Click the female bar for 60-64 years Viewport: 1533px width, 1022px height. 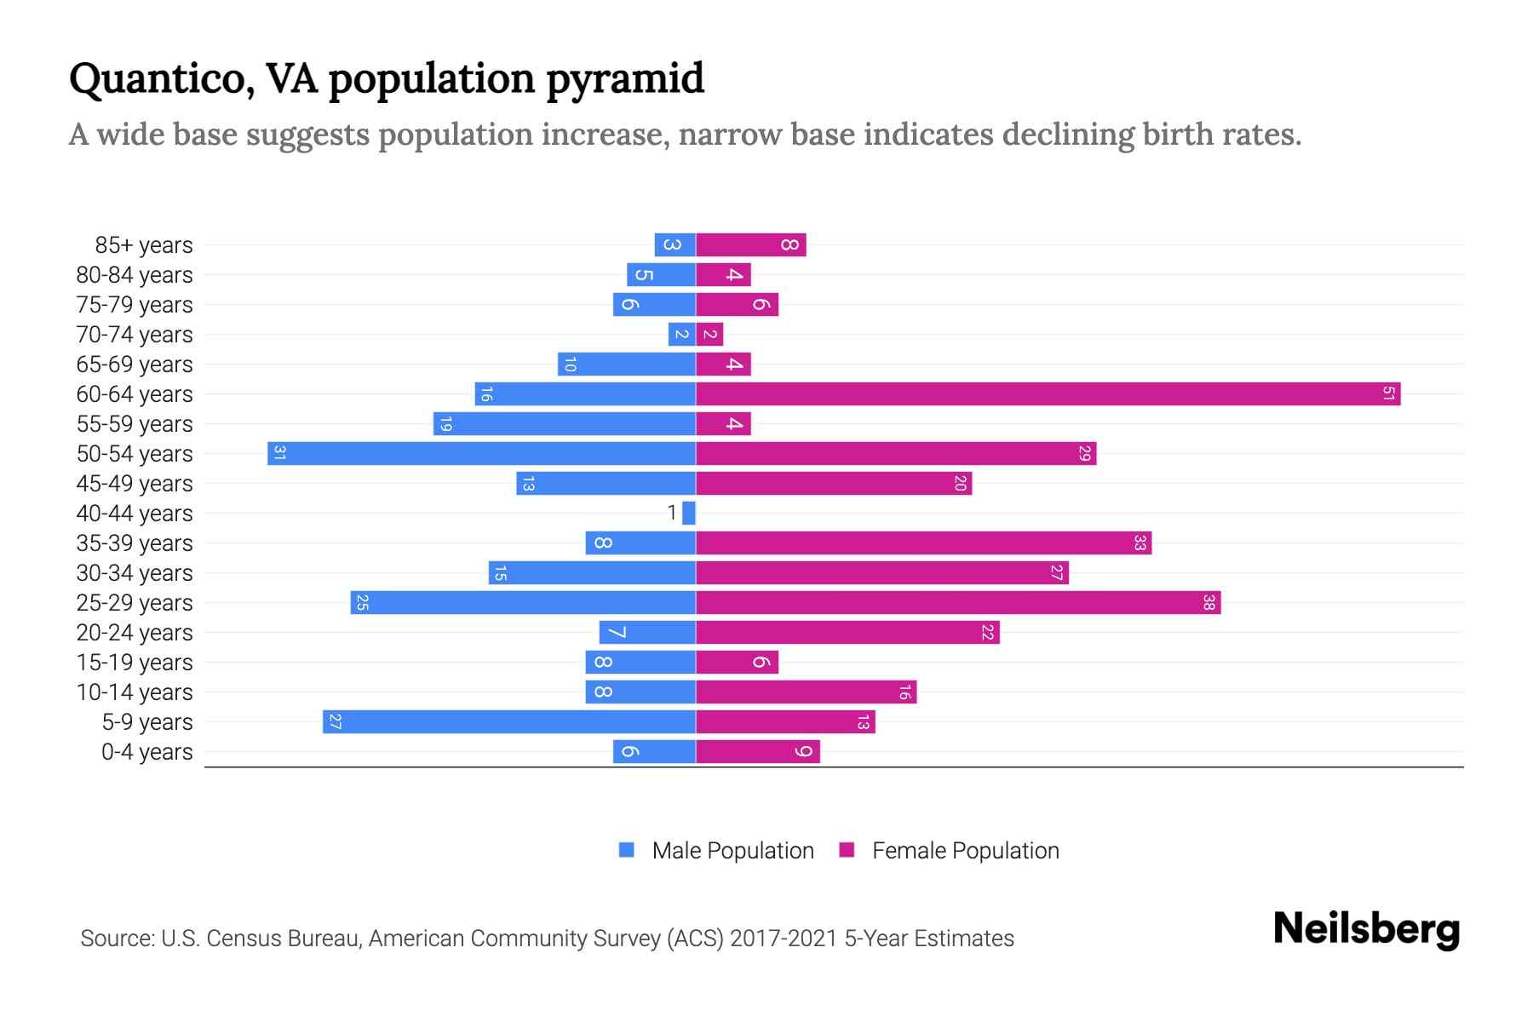pos(1048,394)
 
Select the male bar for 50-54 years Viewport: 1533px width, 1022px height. pos(481,454)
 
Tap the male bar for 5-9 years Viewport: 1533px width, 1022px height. pos(509,722)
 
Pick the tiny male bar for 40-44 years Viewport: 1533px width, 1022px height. pos(689,514)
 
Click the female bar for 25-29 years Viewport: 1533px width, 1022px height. pos(958,603)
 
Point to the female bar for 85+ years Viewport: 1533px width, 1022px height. pos(750,245)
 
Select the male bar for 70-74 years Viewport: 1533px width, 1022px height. pos(682,335)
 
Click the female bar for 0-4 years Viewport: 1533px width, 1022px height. pos(757,752)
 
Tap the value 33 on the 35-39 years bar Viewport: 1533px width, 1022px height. pos(1140,543)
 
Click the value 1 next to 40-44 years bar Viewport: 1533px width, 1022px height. pos(672,513)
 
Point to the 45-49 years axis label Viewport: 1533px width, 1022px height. pos(135,484)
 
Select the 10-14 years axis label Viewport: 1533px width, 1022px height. pos(135,692)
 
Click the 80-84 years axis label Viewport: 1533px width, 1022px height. pos(135,275)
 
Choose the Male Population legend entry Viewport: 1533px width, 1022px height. pos(732,851)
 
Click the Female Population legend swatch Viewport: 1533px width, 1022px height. pos(847,850)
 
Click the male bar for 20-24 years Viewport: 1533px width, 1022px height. pos(647,633)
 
